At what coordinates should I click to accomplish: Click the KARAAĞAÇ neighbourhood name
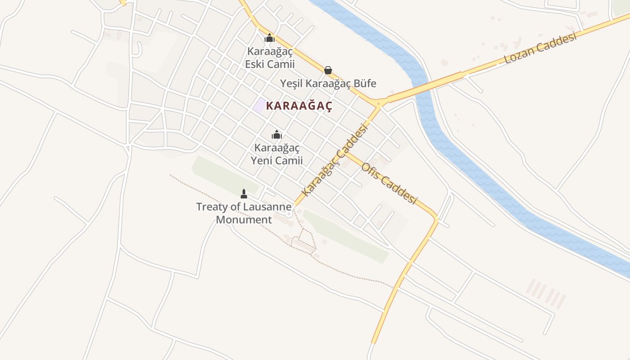(299, 106)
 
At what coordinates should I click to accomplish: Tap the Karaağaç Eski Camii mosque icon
(270, 38)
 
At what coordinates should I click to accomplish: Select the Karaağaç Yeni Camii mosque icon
(276, 135)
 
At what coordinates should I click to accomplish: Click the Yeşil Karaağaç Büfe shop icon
(328, 70)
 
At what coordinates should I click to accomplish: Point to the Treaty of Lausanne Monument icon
(244, 194)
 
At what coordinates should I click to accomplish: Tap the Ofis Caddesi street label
(389, 182)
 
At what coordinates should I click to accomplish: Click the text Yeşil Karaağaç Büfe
(328, 83)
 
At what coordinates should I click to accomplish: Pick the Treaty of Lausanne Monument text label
(244, 213)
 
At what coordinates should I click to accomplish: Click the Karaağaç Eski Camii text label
(270, 58)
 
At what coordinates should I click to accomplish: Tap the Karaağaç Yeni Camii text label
(276, 154)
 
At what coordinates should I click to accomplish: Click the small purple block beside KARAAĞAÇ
(259, 105)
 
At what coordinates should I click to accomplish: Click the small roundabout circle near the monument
(288, 214)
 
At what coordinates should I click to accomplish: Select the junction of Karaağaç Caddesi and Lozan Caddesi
(379, 104)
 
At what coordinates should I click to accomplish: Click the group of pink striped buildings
(546, 293)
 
